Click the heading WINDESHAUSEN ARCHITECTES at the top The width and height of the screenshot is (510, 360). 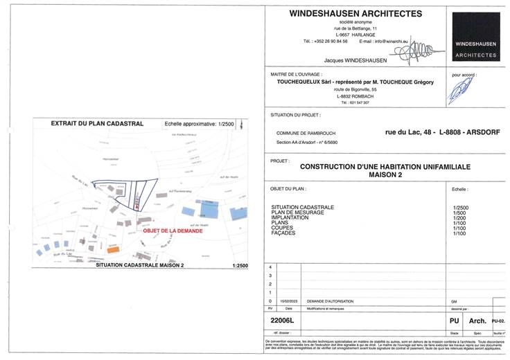[x=355, y=13]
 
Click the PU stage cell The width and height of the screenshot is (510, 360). [x=455, y=321]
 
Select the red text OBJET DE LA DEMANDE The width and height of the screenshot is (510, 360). [x=173, y=231]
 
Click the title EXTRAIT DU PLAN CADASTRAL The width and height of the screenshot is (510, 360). [x=98, y=123]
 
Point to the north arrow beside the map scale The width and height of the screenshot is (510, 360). [x=240, y=125]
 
